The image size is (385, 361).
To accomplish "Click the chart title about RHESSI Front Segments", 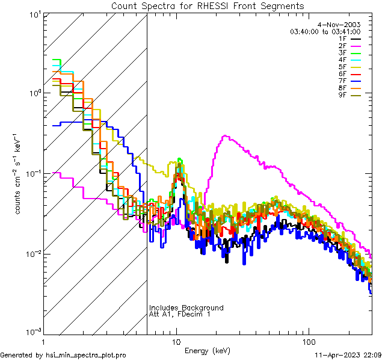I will click(208, 6).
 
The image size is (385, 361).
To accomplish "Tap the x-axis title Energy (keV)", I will click(208, 351).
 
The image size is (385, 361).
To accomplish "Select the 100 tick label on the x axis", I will click(308, 341).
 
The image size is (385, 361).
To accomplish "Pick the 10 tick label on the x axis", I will click(176, 341).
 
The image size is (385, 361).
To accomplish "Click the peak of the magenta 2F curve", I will click(225, 136).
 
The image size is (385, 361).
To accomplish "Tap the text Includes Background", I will click(186, 307).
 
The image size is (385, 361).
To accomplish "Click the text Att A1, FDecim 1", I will click(179, 314).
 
